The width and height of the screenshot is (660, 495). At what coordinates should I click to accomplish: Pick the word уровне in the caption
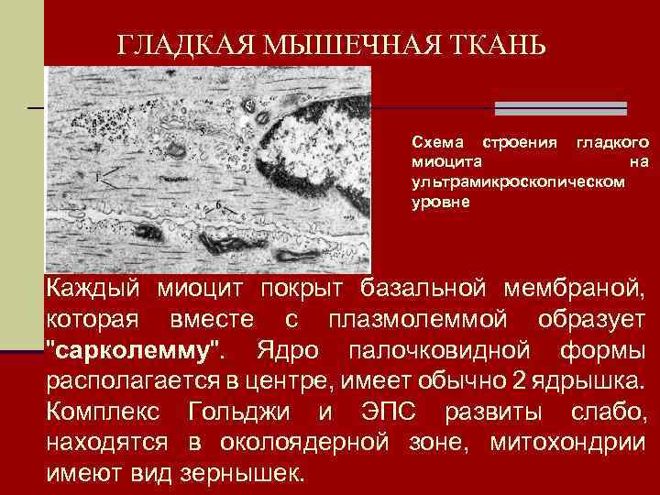[x=440, y=200]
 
